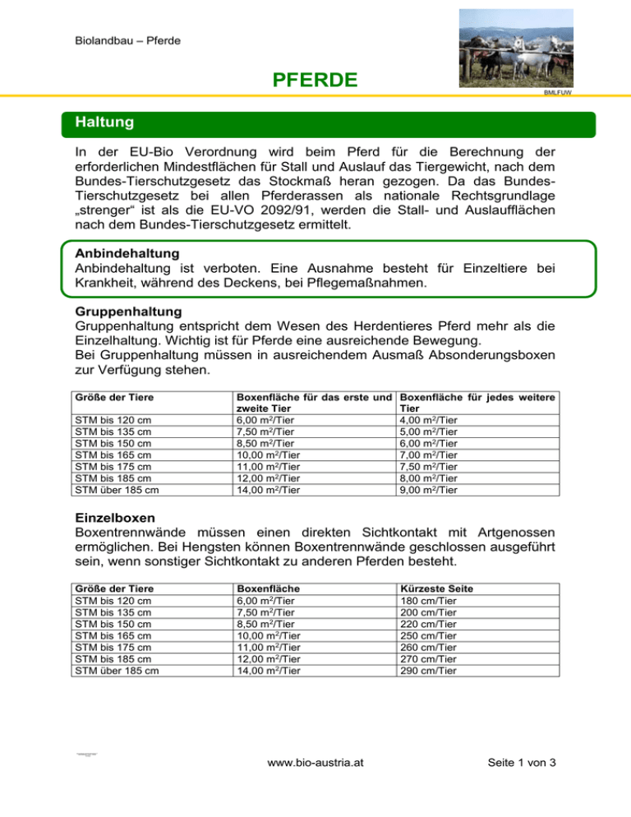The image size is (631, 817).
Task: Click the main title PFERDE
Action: point(315,80)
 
